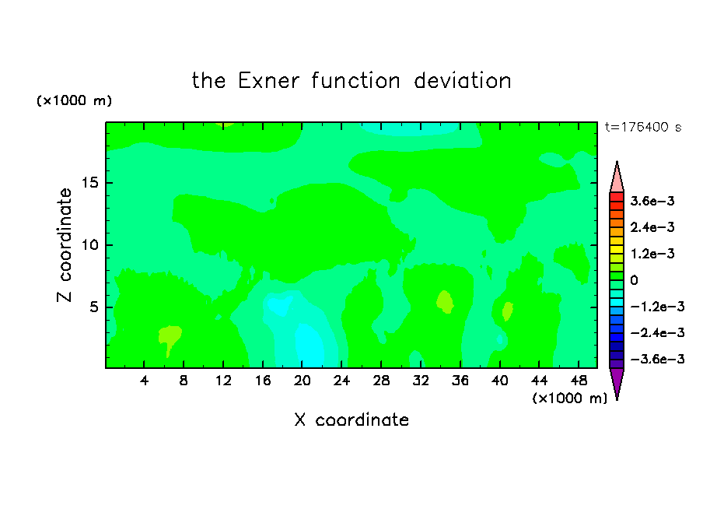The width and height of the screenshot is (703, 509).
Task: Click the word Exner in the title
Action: (x=268, y=81)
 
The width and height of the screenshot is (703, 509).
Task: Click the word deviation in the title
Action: (x=462, y=81)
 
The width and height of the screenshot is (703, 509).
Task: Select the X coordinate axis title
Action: (x=351, y=419)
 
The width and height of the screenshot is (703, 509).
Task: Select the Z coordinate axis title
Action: (x=65, y=244)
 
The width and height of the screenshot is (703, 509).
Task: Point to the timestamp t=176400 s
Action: (x=643, y=127)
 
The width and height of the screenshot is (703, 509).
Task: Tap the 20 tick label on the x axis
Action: (x=302, y=381)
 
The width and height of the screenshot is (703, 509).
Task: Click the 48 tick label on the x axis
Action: (x=579, y=381)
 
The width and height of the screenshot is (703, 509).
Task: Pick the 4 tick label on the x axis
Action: (x=144, y=381)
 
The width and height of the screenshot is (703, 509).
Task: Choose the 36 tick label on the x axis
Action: (x=460, y=381)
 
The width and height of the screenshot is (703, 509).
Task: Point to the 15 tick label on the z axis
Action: (x=89, y=183)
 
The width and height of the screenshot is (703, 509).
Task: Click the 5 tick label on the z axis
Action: (x=93, y=307)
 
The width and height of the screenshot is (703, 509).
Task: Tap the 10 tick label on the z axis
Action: (x=89, y=244)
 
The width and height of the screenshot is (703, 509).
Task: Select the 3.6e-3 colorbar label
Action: (x=652, y=201)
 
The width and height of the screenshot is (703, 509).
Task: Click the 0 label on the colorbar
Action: (x=634, y=280)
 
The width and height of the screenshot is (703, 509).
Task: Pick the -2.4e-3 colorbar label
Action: (x=657, y=332)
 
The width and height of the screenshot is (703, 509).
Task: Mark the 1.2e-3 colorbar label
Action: (x=652, y=254)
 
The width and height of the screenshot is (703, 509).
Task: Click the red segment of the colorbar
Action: (x=617, y=197)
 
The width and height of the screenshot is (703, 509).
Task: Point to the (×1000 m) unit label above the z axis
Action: (x=74, y=100)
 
